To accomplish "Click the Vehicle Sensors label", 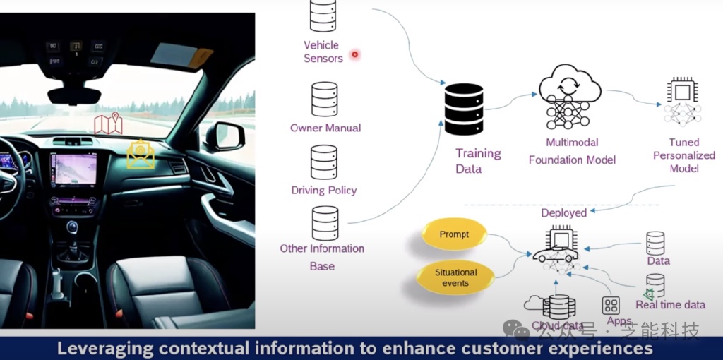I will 323,52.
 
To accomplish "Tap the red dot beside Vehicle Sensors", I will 355,54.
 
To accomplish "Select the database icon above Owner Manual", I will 325,100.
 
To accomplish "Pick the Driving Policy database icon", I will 324,162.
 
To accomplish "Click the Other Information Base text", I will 322,257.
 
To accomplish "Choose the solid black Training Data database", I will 464,113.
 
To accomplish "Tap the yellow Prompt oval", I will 454,234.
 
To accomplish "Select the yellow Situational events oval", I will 455,277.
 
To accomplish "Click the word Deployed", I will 564,212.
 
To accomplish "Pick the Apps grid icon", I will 611,306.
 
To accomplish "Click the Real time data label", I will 670,305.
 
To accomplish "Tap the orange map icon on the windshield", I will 108,124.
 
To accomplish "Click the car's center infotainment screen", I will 73,171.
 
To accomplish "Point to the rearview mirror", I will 74,95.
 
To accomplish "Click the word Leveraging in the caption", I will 104,349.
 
